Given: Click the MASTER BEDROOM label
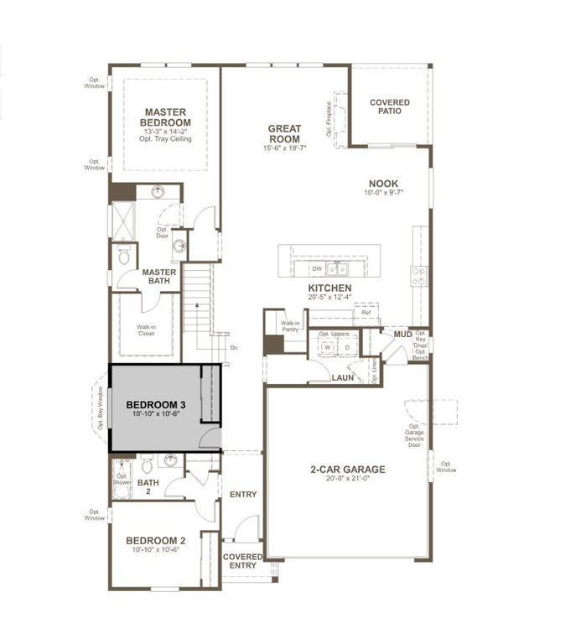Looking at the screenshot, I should click(165, 117).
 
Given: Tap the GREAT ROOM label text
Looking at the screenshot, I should click(285, 134).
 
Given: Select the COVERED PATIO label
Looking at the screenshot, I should click(390, 106).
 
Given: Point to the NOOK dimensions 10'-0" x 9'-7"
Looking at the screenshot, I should click(384, 193).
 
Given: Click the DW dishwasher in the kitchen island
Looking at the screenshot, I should click(316, 268).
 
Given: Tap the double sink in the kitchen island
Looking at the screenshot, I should click(338, 268).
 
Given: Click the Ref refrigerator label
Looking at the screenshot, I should click(366, 312).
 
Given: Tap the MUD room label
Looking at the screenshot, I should click(402, 335).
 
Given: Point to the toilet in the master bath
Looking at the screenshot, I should click(124, 257).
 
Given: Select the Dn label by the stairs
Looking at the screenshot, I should click(233, 347).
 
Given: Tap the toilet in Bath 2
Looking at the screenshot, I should click(147, 465).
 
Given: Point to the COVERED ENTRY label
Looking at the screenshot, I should click(242, 561).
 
